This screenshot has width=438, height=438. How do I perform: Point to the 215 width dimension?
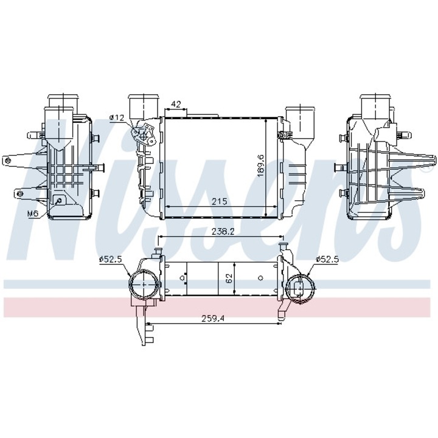click(218, 201)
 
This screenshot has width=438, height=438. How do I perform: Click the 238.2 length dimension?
click(218, 232)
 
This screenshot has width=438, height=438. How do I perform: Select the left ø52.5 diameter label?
click(111, 260)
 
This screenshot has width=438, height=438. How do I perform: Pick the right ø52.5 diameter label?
click(327, 260)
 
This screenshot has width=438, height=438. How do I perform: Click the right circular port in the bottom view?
click(301, 287)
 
